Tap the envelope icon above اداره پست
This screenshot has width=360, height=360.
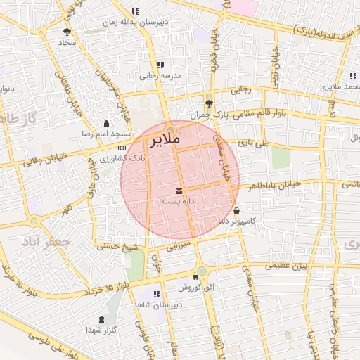177,191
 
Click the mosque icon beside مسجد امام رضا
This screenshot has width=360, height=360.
105,123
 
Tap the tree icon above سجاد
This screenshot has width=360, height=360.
67,32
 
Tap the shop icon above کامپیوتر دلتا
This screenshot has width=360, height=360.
236,210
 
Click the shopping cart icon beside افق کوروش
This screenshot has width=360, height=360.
195,278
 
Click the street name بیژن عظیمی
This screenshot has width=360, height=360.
285,266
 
